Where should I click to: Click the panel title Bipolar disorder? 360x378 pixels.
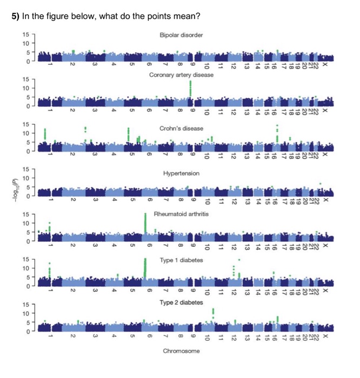[x=181, y=35]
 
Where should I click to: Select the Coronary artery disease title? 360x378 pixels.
[x=181, y=75]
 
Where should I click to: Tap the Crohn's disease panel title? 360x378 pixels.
[x=181, y=129]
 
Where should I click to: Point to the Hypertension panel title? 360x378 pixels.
[x=181, y=173]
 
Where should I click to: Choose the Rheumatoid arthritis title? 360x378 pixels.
[x=181, y=214]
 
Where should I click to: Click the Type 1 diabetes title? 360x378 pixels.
[x=181, y=260]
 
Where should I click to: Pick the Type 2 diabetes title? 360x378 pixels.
[x=181, y=302]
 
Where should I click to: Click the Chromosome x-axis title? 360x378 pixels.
[x=181, y=351]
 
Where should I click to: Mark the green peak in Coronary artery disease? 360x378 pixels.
[x=190, y=89]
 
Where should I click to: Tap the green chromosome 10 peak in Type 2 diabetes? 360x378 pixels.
[x=213, y=313]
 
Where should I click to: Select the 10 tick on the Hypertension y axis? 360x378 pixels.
[x=26, y=178]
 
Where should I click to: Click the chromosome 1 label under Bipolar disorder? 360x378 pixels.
[x=49, y=66]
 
